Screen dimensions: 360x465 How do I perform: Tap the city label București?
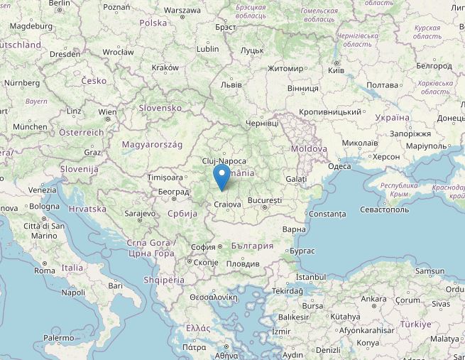point(264,201)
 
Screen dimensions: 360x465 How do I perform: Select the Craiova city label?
point(227,204)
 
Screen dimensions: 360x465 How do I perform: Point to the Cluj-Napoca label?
point(224,161)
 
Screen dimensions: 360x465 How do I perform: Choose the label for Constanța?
point(327,214)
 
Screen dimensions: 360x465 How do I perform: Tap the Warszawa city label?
point(182,11)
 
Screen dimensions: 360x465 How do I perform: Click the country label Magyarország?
point(153,144)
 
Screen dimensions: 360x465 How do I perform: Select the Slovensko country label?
point(160,108)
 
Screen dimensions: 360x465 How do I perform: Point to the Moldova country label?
point(309,149)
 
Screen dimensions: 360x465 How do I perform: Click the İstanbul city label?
point(310,277)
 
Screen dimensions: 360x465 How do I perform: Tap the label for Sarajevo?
point(140,213)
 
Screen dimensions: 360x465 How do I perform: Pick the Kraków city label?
point(165,68)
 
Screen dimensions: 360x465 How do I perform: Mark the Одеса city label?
point(339,166)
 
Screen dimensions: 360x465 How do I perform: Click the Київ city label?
point(337,70)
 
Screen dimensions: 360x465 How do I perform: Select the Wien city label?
point(108,112)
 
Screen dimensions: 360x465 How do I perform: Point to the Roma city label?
point(44,271)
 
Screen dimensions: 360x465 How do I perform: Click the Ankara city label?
point(374,299)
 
